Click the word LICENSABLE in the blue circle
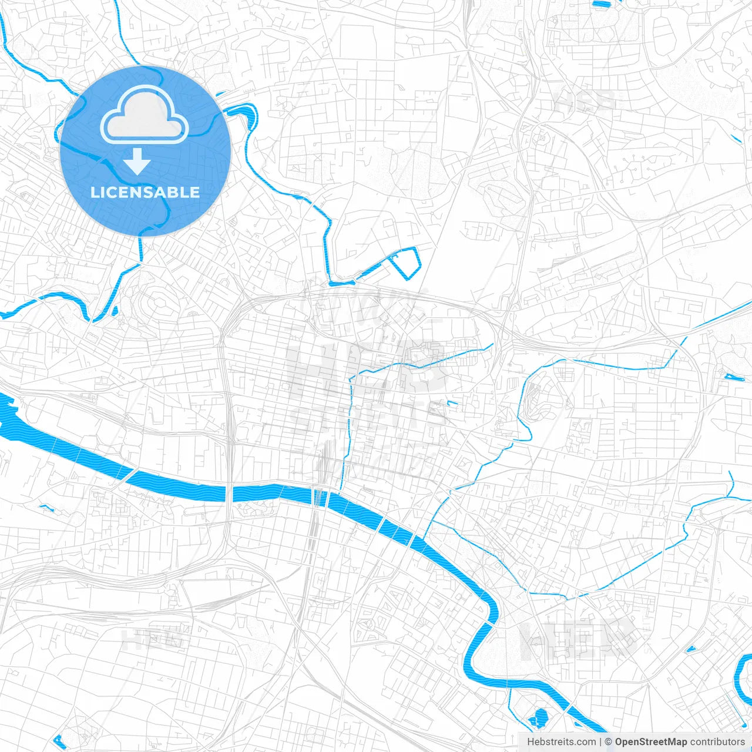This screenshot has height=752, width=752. pyautogui.click(x=145, y=192)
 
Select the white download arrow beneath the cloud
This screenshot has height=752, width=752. pyautogui.click(x=137, y=161)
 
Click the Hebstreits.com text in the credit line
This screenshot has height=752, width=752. pyautogui.click(x=561, y=742)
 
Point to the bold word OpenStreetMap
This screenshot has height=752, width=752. pyautogui.click(x=650, y=742)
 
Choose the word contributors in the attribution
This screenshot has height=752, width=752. pyautogui.click(x=717, y=742)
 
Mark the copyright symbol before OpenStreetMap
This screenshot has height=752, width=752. pyautogui.click(x=608, y=742)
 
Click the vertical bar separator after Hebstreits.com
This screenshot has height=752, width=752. pyautogui.click(x=600, y=742)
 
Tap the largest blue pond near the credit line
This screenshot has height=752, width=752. pyautogui.click(x=539, y=717)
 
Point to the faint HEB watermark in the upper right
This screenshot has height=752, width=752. pyautogui.click(x=585, y=101)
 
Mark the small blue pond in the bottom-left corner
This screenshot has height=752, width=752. pyautogui.click(x=57, y=739)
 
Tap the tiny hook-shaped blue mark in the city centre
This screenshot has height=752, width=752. pyautogui.click(x=451, y=403)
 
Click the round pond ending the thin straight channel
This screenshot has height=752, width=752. pyautogui.click(x=733, y=377)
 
